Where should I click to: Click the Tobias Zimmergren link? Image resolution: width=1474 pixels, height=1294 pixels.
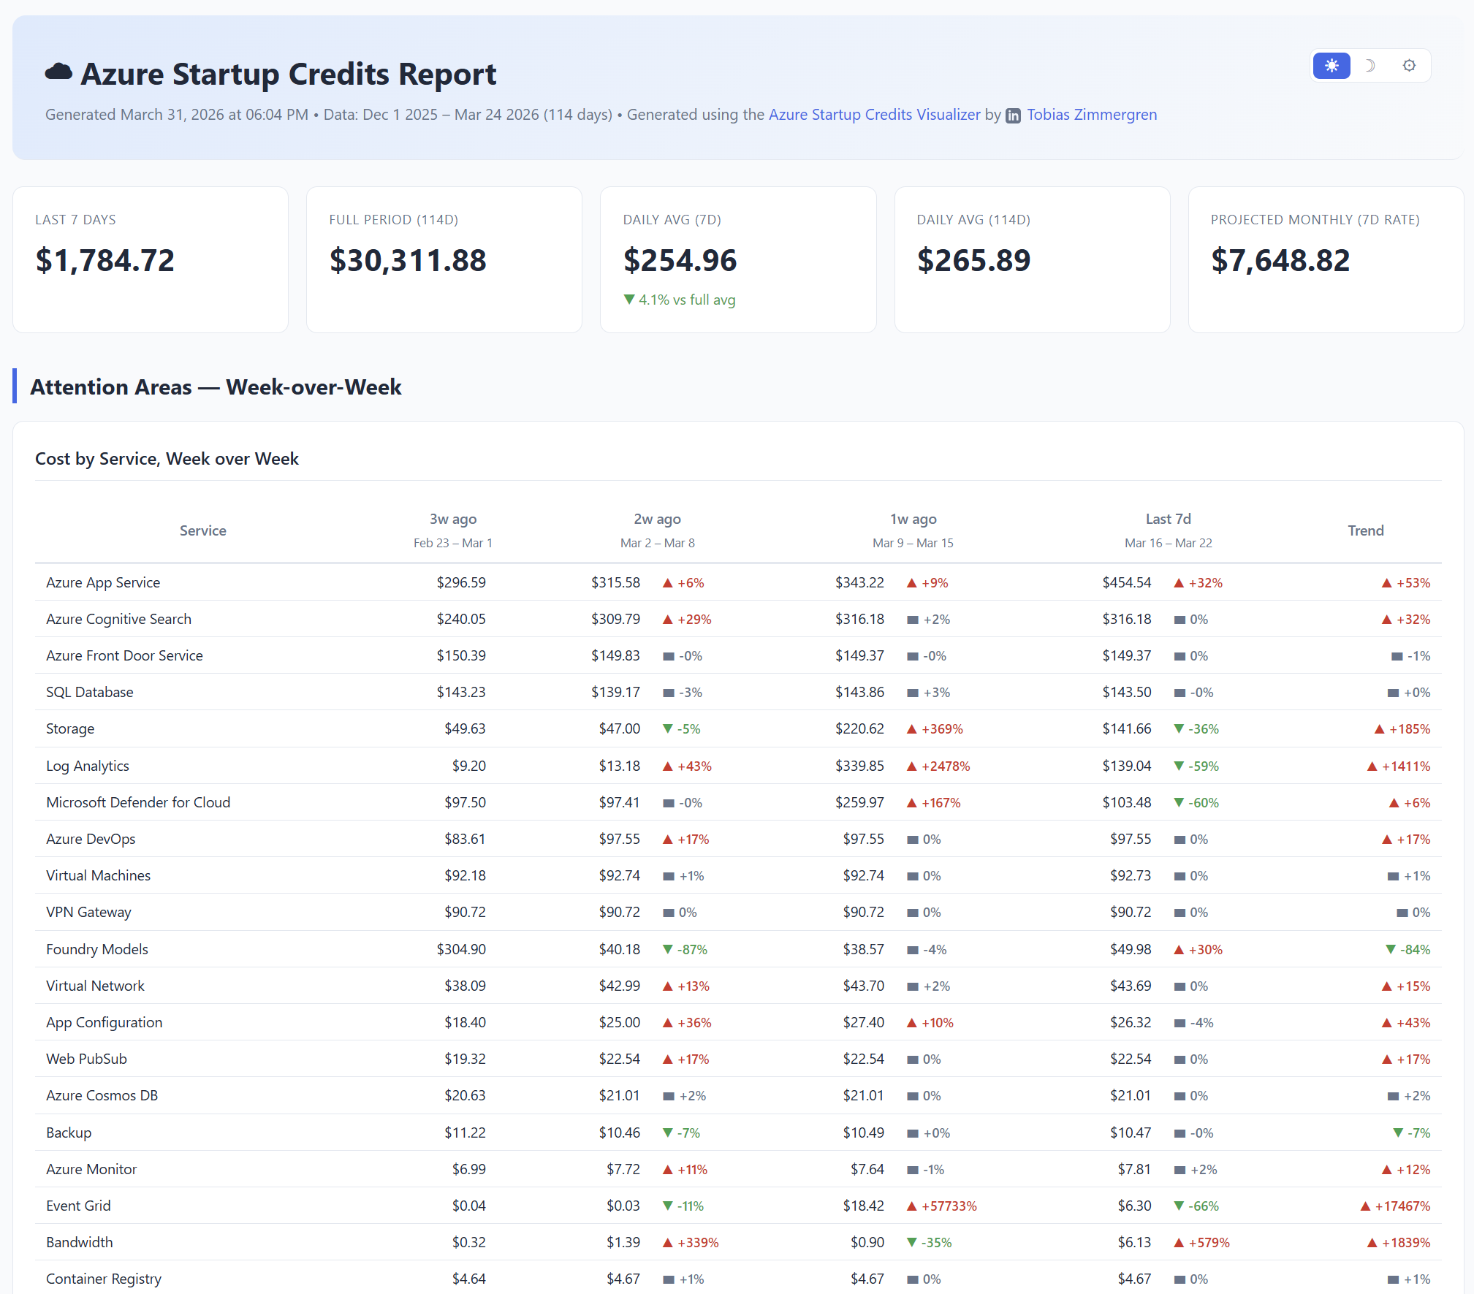1091,115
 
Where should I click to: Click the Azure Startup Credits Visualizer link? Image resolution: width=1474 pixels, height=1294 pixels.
874,115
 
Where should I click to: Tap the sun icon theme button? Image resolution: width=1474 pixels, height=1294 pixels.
1331,66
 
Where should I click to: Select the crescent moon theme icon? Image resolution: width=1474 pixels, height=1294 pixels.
1370,66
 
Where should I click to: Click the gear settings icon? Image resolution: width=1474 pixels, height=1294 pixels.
1409,66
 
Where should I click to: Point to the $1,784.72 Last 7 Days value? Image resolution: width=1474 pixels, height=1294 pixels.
105,261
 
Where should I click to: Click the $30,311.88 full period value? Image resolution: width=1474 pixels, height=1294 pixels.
408,261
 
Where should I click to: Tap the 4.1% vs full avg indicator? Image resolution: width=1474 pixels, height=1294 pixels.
680,300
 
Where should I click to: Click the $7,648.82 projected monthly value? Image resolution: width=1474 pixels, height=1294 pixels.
1280,261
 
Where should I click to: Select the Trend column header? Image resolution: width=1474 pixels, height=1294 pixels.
1365,530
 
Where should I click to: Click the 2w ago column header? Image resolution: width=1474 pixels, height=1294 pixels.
657,519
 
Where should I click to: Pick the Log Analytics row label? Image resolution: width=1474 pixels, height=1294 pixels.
88,766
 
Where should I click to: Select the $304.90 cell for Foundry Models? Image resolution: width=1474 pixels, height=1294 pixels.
461,949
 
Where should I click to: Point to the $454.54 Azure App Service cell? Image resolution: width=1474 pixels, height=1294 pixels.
1126,582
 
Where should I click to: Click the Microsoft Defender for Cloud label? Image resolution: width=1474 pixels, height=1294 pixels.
138,802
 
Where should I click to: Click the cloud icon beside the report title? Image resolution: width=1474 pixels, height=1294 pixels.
58,72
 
